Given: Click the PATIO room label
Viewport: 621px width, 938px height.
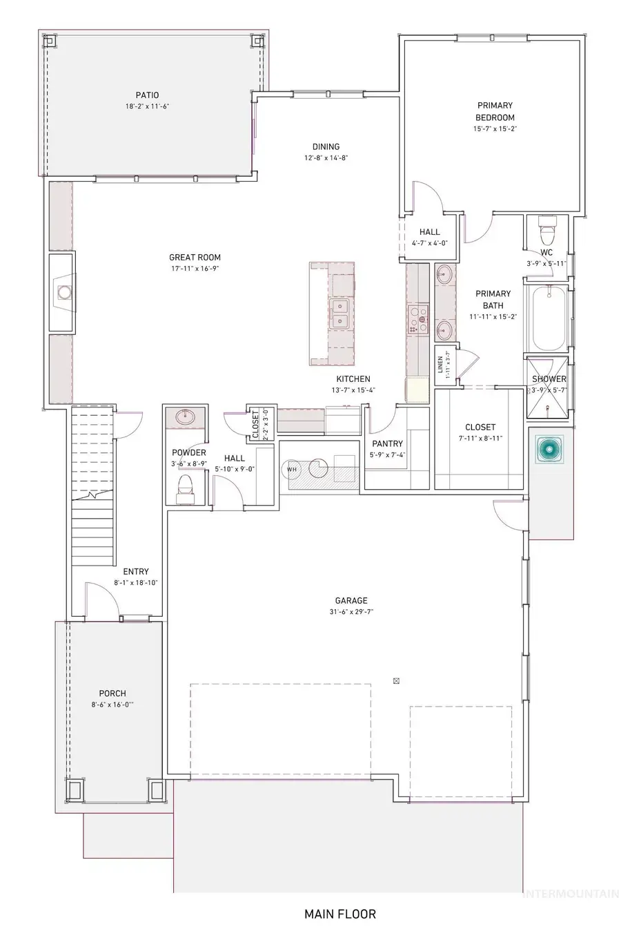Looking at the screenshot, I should coord(146,95).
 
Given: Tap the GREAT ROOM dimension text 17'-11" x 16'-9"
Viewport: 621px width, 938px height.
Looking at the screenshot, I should coord(196,269).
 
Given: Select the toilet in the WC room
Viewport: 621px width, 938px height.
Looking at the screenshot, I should coord(546,228).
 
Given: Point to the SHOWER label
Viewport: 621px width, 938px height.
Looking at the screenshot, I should coord(549,379).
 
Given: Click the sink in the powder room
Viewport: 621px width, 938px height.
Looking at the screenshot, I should coord(185,417).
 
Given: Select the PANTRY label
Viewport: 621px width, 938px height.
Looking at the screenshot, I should coord(387,443).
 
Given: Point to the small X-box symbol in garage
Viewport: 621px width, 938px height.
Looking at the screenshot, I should coord(396,680).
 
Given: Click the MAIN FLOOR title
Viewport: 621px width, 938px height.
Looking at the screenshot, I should coord(340,914).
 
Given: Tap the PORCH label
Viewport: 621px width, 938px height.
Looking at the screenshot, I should coord(112,693).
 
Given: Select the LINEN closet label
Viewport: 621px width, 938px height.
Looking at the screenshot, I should coord(440,365).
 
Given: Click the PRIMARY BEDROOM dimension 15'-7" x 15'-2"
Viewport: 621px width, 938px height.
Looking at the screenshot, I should coord(495,129).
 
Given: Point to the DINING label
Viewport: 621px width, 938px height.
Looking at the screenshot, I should coord(326,146).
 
